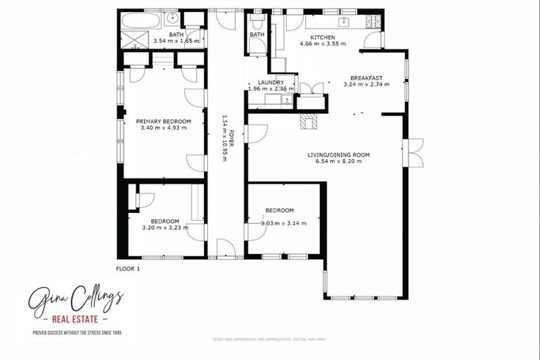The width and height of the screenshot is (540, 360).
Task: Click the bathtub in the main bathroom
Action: point(139,19)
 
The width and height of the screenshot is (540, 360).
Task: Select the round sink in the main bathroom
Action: point(173,18)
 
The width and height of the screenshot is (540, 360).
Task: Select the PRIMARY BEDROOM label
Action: point(163,121)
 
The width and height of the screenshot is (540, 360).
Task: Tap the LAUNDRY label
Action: point(270,82)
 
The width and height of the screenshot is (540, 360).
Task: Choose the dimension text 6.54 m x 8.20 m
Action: point(338,162)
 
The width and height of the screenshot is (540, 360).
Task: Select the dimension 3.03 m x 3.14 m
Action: point(279,224)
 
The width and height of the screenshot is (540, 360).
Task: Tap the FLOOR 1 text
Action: point(128,269)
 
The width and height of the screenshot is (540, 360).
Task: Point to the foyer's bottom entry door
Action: point(226,248)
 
